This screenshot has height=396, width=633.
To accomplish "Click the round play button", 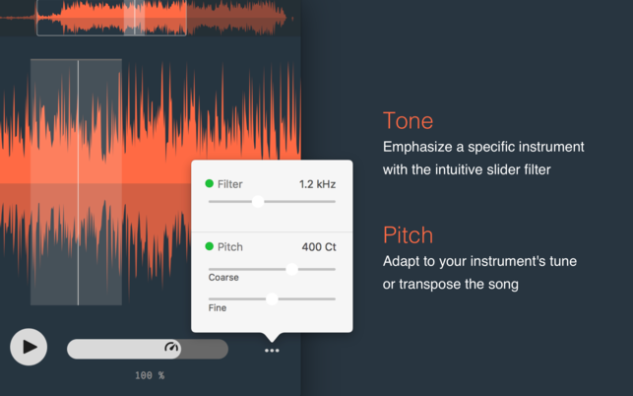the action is tap(29, 347).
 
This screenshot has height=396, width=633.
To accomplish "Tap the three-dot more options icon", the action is tap(272, 351).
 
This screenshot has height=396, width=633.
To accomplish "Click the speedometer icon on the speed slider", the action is tap(171, 347).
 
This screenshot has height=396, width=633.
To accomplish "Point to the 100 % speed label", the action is tap(150, 375).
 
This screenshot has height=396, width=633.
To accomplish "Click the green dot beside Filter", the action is tap(209, 183).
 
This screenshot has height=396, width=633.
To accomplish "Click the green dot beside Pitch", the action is tap(209, 246).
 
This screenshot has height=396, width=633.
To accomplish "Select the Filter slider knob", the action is tap(258, 201).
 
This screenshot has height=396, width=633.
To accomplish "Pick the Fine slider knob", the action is tap(272, 299).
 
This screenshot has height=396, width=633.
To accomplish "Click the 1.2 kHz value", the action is tap(317, 184).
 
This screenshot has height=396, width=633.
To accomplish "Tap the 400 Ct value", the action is tap(319, 247).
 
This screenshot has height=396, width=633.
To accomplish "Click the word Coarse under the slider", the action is tap(223, 277).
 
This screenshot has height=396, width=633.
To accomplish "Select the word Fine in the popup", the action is tap(218, 308).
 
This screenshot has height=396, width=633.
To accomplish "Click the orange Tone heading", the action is tap(409, 120).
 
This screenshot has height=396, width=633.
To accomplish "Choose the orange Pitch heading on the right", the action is tap(408, 234).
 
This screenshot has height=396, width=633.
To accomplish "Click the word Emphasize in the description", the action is tap(417, 147).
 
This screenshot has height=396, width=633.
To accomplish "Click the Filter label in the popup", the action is tap(230, 184).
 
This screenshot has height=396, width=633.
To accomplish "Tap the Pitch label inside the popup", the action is tap(230, 247).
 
